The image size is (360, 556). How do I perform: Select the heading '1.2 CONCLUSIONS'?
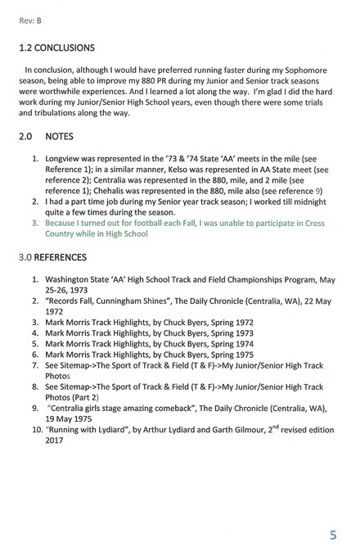[65, 48]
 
